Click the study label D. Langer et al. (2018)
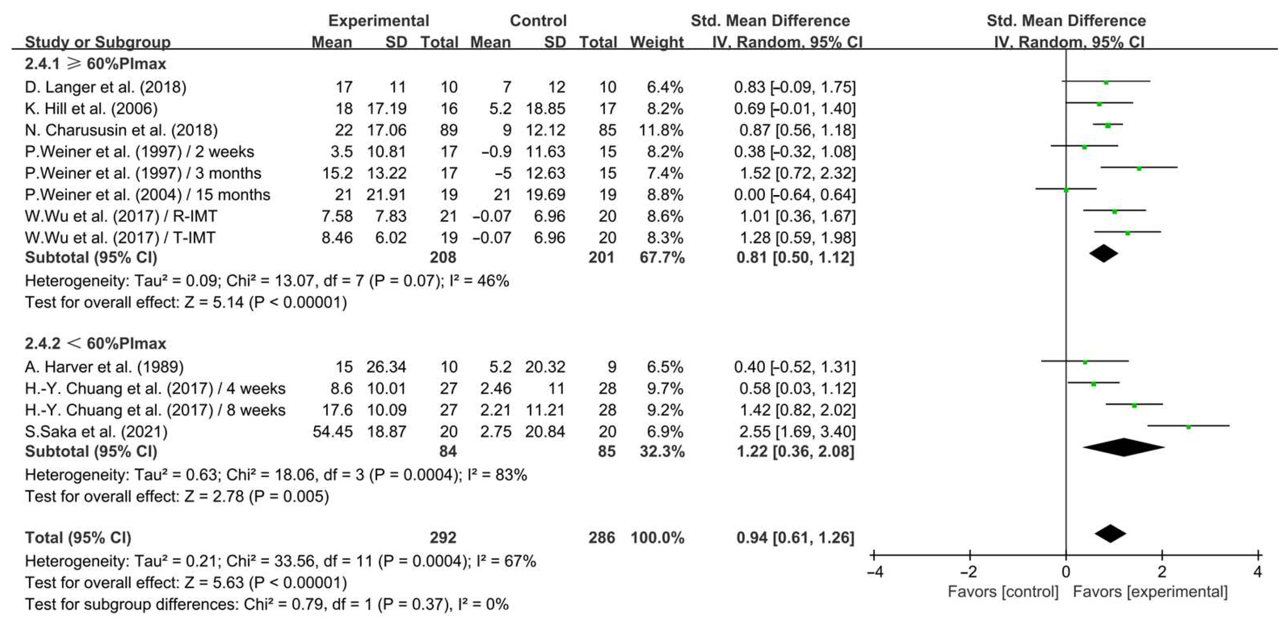point(105,87)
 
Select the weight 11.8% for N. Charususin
point(661,130)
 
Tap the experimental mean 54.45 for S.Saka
point(332,432)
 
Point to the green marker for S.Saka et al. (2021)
point(1188,427)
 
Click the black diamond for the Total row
point(1110,534)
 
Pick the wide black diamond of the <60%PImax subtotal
point(1124,447)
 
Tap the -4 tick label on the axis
point(874,571)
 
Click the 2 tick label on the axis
point(1162,571)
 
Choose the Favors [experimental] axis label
point(1150,592)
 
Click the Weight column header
point(657,42)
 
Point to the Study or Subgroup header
point(98,42)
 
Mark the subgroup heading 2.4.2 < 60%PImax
point(95,344)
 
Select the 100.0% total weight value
point(657,538)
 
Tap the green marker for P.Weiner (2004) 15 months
point(1066,190)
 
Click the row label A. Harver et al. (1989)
point(104,367)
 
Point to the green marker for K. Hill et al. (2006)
point(1099,104)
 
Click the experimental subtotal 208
point(443,257)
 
